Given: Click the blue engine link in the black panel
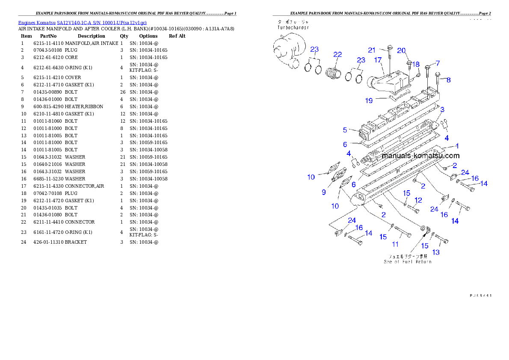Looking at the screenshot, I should point(82,23).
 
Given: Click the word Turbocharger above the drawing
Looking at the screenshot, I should point(293,27).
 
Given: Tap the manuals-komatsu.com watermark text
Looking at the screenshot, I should point(420,156).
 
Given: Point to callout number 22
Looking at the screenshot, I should point(338,54).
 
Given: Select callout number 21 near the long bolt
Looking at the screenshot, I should point(372,50).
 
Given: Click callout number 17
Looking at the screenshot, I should point(378,60).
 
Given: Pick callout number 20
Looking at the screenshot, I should point(401,50).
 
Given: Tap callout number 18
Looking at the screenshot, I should point(415,64).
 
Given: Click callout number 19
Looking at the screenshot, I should point(369,100).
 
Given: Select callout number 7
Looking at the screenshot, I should point(438,63).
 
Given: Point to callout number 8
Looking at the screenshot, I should point(448,80).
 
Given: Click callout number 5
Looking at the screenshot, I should point(345,130).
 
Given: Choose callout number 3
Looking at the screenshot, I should point(442,109).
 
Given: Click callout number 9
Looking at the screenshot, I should point(323,192).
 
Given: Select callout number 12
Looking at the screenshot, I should point(418,200).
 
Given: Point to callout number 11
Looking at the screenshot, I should point(395,244).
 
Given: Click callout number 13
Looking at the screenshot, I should point(436,252).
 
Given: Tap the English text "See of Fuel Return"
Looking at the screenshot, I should point(407,262).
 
